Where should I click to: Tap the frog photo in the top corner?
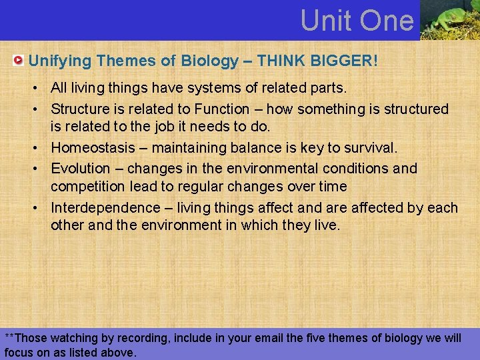tap(449, 20)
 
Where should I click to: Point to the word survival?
tap(370, 148)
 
